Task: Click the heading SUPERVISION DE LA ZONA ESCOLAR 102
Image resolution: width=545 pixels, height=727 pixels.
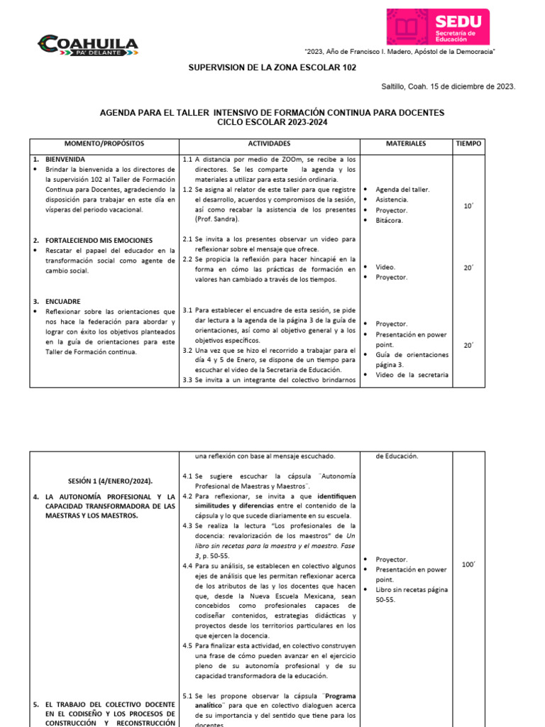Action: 267,67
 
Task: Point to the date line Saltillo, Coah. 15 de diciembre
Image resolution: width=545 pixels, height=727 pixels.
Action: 448,87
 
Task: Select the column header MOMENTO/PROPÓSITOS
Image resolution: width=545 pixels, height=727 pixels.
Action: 104,143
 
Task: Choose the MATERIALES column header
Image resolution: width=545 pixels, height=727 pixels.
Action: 406,143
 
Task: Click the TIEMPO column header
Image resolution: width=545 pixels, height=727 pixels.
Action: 468,143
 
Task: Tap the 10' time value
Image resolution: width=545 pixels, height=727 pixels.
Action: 468,205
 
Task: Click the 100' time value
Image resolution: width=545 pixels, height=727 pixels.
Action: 468,564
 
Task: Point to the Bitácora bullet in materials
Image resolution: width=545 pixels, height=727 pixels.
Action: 391,221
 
